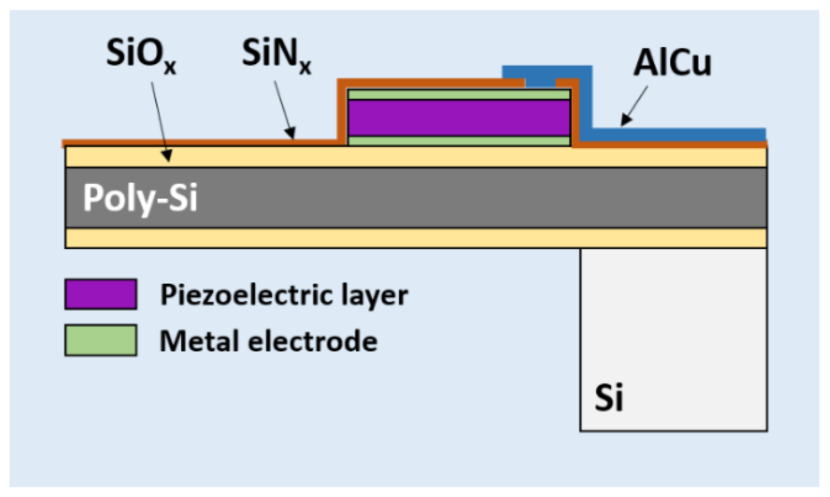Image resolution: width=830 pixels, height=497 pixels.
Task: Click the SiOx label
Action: point(141,55)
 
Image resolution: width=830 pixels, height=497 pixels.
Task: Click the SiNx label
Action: point(276,55)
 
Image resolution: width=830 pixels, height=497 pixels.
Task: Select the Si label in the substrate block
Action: point(609,397)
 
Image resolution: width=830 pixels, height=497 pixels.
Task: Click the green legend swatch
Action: point(101,340)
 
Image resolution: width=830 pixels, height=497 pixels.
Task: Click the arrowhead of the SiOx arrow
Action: point(167,157)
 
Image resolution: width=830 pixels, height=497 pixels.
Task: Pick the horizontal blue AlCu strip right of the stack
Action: point(679,134)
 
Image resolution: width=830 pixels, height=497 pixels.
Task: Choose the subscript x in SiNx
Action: point(305,68)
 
